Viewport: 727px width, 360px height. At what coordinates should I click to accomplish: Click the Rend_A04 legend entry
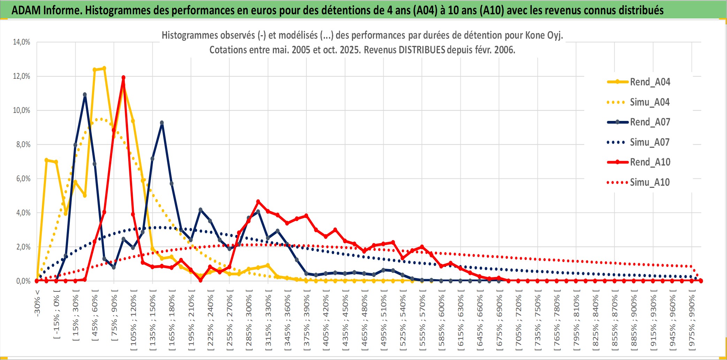point(650,82)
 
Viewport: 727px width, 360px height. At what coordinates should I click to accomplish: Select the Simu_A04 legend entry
point(650,102)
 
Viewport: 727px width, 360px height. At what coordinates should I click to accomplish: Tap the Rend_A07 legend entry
point(650,122)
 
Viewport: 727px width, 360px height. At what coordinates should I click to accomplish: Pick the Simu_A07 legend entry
point(650,142)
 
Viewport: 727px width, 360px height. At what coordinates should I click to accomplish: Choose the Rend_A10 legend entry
point(650,162)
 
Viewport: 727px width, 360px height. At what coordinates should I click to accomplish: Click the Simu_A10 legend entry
point(650,182)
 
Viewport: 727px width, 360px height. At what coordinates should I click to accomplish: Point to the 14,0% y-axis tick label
point(22,42)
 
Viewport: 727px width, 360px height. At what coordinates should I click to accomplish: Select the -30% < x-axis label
point(37,303)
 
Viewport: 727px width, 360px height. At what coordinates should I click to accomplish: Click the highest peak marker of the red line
point(123,78)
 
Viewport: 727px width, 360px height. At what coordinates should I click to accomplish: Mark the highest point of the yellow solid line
point(104,68)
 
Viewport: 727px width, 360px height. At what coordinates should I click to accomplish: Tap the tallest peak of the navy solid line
point(85,94)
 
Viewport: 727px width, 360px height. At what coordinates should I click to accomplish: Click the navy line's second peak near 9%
point(162,123)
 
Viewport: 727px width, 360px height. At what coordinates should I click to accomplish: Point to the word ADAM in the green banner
point(26,10)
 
